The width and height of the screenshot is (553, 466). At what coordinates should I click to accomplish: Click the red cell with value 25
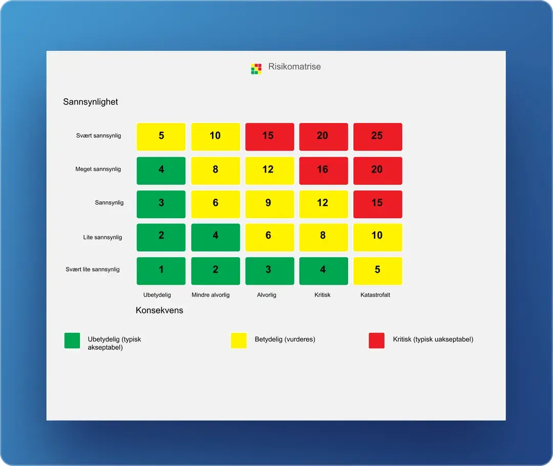[377, 136]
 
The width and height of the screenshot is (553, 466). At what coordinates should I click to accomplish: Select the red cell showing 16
[323, 170]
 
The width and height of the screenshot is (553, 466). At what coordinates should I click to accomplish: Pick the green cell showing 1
[161, 270]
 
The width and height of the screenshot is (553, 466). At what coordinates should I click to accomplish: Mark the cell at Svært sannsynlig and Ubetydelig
[161, 136]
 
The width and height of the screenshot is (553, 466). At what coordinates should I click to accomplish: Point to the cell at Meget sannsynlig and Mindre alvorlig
[215, 170]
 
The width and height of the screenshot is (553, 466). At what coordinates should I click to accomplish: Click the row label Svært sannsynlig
[98, 136]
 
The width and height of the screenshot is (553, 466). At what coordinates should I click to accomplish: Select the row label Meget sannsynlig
[98, 169]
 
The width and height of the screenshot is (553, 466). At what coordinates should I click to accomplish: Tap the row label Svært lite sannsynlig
[92, 269]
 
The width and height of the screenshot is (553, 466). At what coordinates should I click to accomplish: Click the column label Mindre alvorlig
[210, 295]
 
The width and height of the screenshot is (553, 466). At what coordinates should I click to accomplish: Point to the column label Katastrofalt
[375, 295]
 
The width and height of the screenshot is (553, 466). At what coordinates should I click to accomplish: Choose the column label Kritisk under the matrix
[323, 295]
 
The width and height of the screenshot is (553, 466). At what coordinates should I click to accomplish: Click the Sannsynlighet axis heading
[91, 102]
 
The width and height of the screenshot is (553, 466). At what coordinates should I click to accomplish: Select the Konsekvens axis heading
[159, 310]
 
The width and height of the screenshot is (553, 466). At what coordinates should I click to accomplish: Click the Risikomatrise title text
[294, 67]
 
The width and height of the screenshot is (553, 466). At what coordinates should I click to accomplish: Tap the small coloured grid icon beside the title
[256, 69]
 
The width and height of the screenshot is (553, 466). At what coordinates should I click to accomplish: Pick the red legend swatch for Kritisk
[376, 341]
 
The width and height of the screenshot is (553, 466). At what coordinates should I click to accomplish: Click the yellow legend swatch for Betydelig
[239, 341]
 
